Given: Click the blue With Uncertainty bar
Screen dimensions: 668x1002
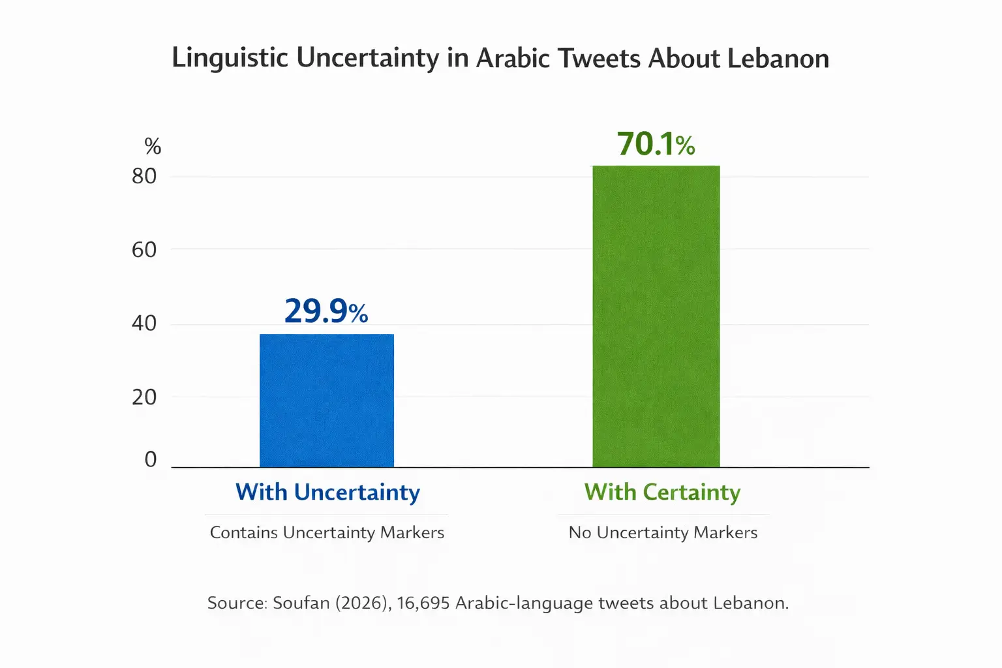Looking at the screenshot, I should click(326, 401).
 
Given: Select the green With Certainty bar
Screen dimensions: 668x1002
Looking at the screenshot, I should click(656, 316).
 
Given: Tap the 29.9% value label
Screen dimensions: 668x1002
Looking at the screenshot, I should click(326, 311).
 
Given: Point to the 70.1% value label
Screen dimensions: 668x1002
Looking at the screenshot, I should click(656, 144).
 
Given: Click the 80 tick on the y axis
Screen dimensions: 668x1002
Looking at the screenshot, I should click(144, 176).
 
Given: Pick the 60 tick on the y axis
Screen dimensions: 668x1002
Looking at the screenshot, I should click(144, 250).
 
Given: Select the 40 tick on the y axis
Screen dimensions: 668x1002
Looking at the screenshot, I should click(144, 323).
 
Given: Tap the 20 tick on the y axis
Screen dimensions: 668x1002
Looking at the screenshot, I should click(144, 397).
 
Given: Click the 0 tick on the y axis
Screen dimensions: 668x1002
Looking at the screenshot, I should click(151, 459).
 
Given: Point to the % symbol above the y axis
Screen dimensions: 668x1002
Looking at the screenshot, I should click(153, 146).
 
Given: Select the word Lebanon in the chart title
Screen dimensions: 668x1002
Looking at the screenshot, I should click(778, 59).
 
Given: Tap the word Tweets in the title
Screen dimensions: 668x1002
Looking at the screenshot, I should click(598, 59).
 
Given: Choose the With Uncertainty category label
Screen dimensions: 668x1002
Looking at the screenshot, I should click(327, 492).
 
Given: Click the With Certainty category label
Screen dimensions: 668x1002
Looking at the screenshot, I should click(662, 492).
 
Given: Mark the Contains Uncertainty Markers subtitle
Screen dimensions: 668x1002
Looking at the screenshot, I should click(327, 533).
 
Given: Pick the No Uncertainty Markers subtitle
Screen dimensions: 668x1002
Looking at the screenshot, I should click(663, 533).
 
